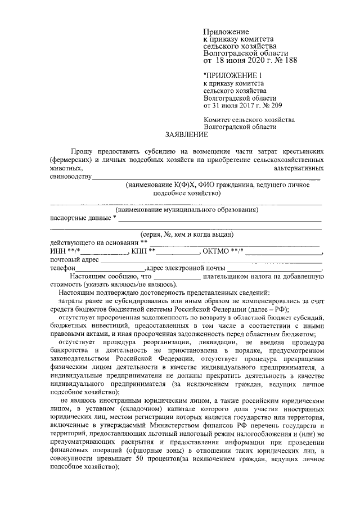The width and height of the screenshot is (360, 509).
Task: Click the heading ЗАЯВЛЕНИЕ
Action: [185, 135]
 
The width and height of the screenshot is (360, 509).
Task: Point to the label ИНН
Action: [57, 251]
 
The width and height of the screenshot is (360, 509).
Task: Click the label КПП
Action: [138, 251]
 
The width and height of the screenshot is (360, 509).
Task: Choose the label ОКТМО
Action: [216, 251]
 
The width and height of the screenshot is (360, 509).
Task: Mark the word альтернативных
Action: [298, 168]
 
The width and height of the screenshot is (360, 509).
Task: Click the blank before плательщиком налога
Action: [177, 277]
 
